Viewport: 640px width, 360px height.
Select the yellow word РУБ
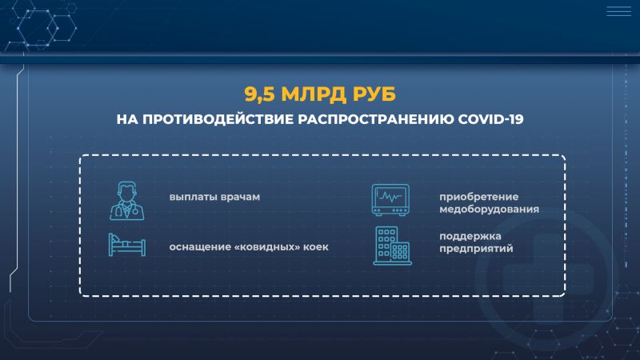pos(374,94)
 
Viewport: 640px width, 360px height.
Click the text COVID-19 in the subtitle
pos(490,119)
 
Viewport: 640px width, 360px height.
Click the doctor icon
pos(127,201)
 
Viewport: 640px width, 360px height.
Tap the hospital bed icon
pos(127,245)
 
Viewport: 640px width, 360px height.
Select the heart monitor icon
pos(390,199)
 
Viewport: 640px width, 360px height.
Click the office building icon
pos(392,246)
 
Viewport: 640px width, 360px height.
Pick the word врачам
pos(240,197)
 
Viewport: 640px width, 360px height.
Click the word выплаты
pos(193,197)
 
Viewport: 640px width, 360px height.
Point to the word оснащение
pos(200,247)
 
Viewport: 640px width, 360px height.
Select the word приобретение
pos(478,197)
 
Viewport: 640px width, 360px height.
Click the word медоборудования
pos(489,210)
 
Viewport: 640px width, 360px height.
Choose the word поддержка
pos(470,236)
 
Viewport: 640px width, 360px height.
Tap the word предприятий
pos(476,249)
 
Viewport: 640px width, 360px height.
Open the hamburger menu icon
pos(618,11)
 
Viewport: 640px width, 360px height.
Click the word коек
pos(315,247)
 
